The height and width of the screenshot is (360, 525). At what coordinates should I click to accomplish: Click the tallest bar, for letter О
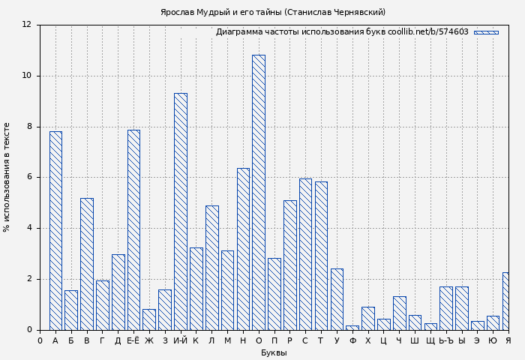point(258,192)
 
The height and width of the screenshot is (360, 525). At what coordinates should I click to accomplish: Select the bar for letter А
point(55,230)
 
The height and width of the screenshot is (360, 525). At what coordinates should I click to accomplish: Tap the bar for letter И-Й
point(180,211)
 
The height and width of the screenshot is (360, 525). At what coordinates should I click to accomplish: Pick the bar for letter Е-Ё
point(133,229)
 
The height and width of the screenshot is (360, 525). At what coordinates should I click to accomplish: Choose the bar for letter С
point(305,254)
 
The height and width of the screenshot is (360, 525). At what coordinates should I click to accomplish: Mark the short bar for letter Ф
point(352,328)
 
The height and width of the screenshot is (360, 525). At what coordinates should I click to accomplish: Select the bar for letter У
point(337,299)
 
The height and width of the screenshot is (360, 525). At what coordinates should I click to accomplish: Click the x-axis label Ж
point(149,341)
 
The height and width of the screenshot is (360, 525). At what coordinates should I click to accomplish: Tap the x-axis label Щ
point(430,341)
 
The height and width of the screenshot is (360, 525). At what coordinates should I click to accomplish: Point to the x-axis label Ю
point(493,341)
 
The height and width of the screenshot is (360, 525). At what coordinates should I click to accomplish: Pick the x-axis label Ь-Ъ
point(446,341)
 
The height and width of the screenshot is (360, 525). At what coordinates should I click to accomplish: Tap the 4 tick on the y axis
point(29,228)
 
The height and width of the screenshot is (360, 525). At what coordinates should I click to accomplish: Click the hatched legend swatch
point(486,32)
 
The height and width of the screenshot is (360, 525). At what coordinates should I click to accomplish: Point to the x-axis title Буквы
point(274,352)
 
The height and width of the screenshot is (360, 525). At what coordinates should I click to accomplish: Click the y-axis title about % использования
point(7,177)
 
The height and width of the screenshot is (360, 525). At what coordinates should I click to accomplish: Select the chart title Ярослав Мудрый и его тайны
point(273,12)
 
